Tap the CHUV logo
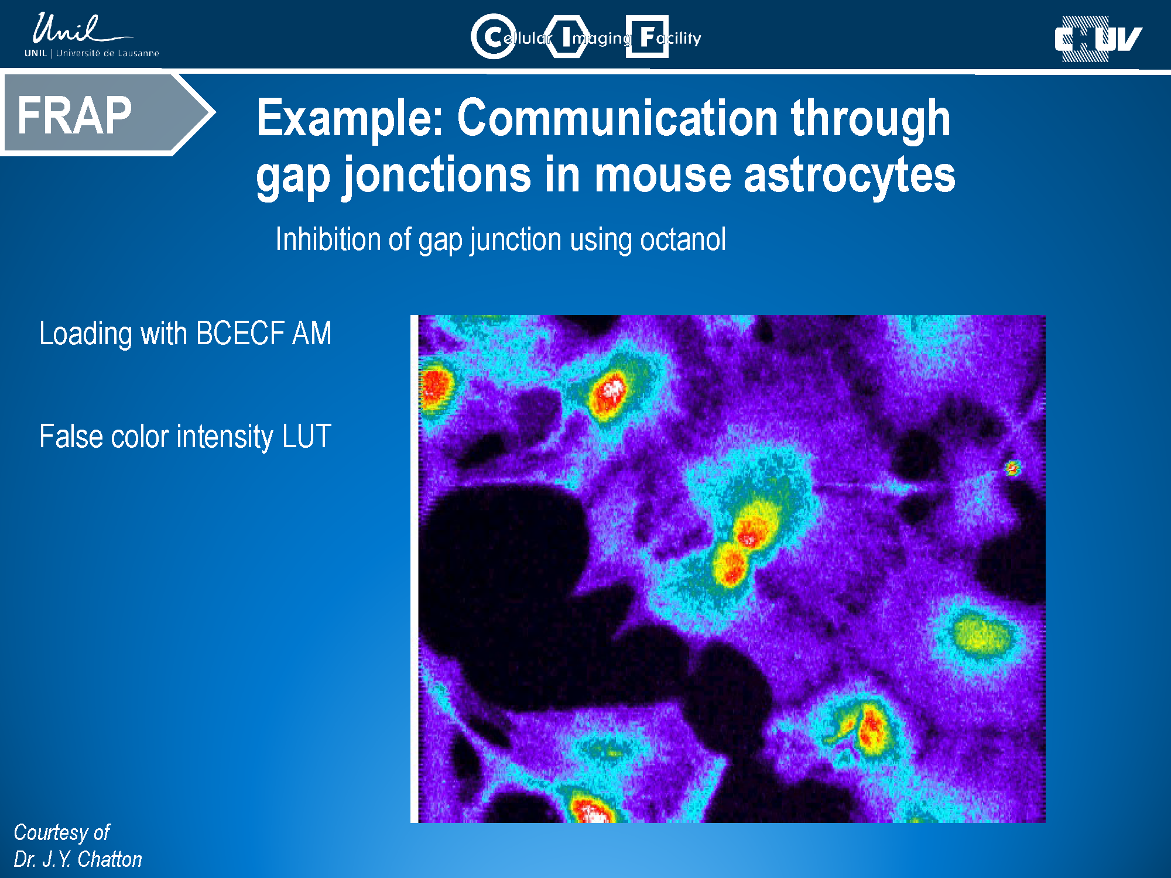[1098, 39]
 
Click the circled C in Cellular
[494, 37]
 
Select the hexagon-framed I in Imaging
[567, 37]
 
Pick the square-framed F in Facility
[647, 37]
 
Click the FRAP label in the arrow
[74, 115]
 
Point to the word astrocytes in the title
[849, 175]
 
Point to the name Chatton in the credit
[109, 859]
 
